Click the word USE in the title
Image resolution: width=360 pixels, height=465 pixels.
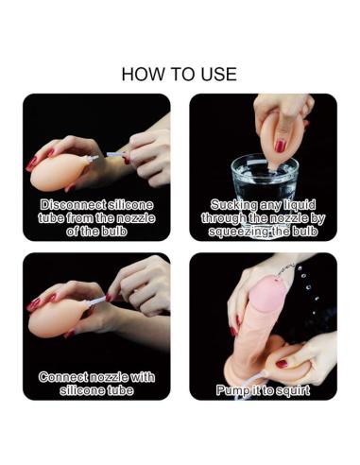click(x=220, y=75)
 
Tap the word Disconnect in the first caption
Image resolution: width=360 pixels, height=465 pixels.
click(x=73, y=205)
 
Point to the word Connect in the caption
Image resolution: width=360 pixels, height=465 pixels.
click(x=63, y=377)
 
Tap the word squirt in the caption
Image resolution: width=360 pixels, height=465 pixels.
click(x=293, y=390)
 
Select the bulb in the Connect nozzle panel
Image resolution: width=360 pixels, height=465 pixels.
click(x=57, y=321)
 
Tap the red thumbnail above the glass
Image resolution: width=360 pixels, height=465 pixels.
click(x=280, y=146)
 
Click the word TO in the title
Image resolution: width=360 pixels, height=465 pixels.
click(x=183, y=75)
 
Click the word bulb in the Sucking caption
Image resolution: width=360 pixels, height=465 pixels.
click(x=304, y=232)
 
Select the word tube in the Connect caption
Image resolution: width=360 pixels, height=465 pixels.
click(x=120, y=390)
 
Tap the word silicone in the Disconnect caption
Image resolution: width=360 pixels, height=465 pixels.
click(x=130, y=205)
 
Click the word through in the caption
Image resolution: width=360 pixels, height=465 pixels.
click(x=224, y=218)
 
